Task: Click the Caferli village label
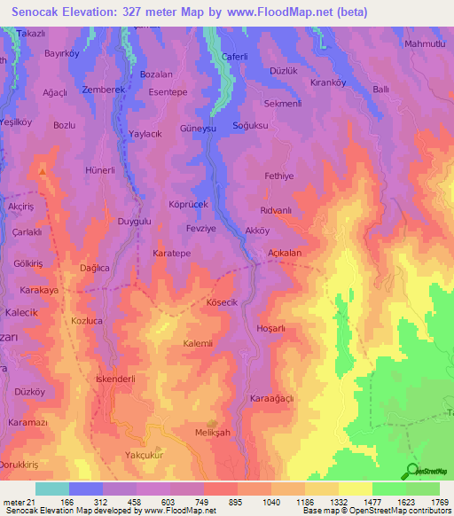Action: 234,57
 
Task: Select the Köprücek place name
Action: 188,204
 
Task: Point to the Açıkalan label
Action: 279,253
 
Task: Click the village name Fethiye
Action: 279,176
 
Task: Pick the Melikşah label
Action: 212,432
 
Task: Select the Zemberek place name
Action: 98,90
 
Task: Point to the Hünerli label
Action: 100,169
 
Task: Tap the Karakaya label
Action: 39,290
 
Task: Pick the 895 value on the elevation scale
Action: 234,502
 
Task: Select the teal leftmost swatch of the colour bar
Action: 51,489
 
